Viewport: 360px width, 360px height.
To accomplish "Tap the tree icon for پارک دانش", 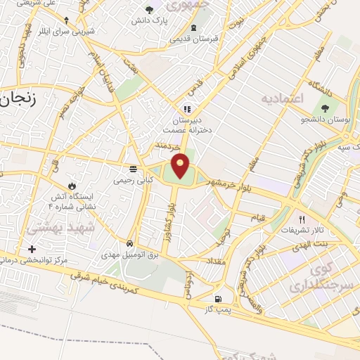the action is pyautogui.click(x=149, y=10).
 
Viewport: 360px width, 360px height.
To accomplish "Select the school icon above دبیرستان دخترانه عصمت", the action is pyautogui.click(x=186, y=109).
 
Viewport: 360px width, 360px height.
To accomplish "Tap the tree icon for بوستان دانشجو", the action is pyautogui.click(x=325, y=108).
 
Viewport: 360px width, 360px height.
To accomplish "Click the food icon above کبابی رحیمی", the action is pyautogui.click(x=131, y=169).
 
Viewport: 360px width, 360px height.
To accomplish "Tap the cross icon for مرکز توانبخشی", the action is pyautogui.click(x=31, y=249).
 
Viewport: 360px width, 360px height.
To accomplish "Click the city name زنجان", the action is pyautogui.click(x=18, y=101).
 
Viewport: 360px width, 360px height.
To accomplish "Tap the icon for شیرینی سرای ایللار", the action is pyautogui.click(x=66, y=20).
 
